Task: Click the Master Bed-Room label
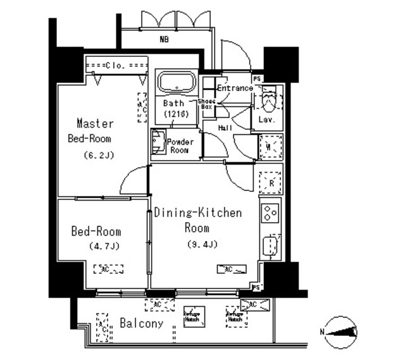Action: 94,130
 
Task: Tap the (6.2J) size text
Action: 98,155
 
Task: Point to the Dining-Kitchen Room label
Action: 197,220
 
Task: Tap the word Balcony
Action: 141,323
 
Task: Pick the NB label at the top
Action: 164,39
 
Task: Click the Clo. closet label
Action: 117,65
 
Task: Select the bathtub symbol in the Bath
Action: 177,83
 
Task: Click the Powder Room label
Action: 180,146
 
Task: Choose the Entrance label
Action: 235,89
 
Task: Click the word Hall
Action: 225,128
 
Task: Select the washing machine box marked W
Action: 270,147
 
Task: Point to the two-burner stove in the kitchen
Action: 270,213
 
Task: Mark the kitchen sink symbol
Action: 271,244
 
